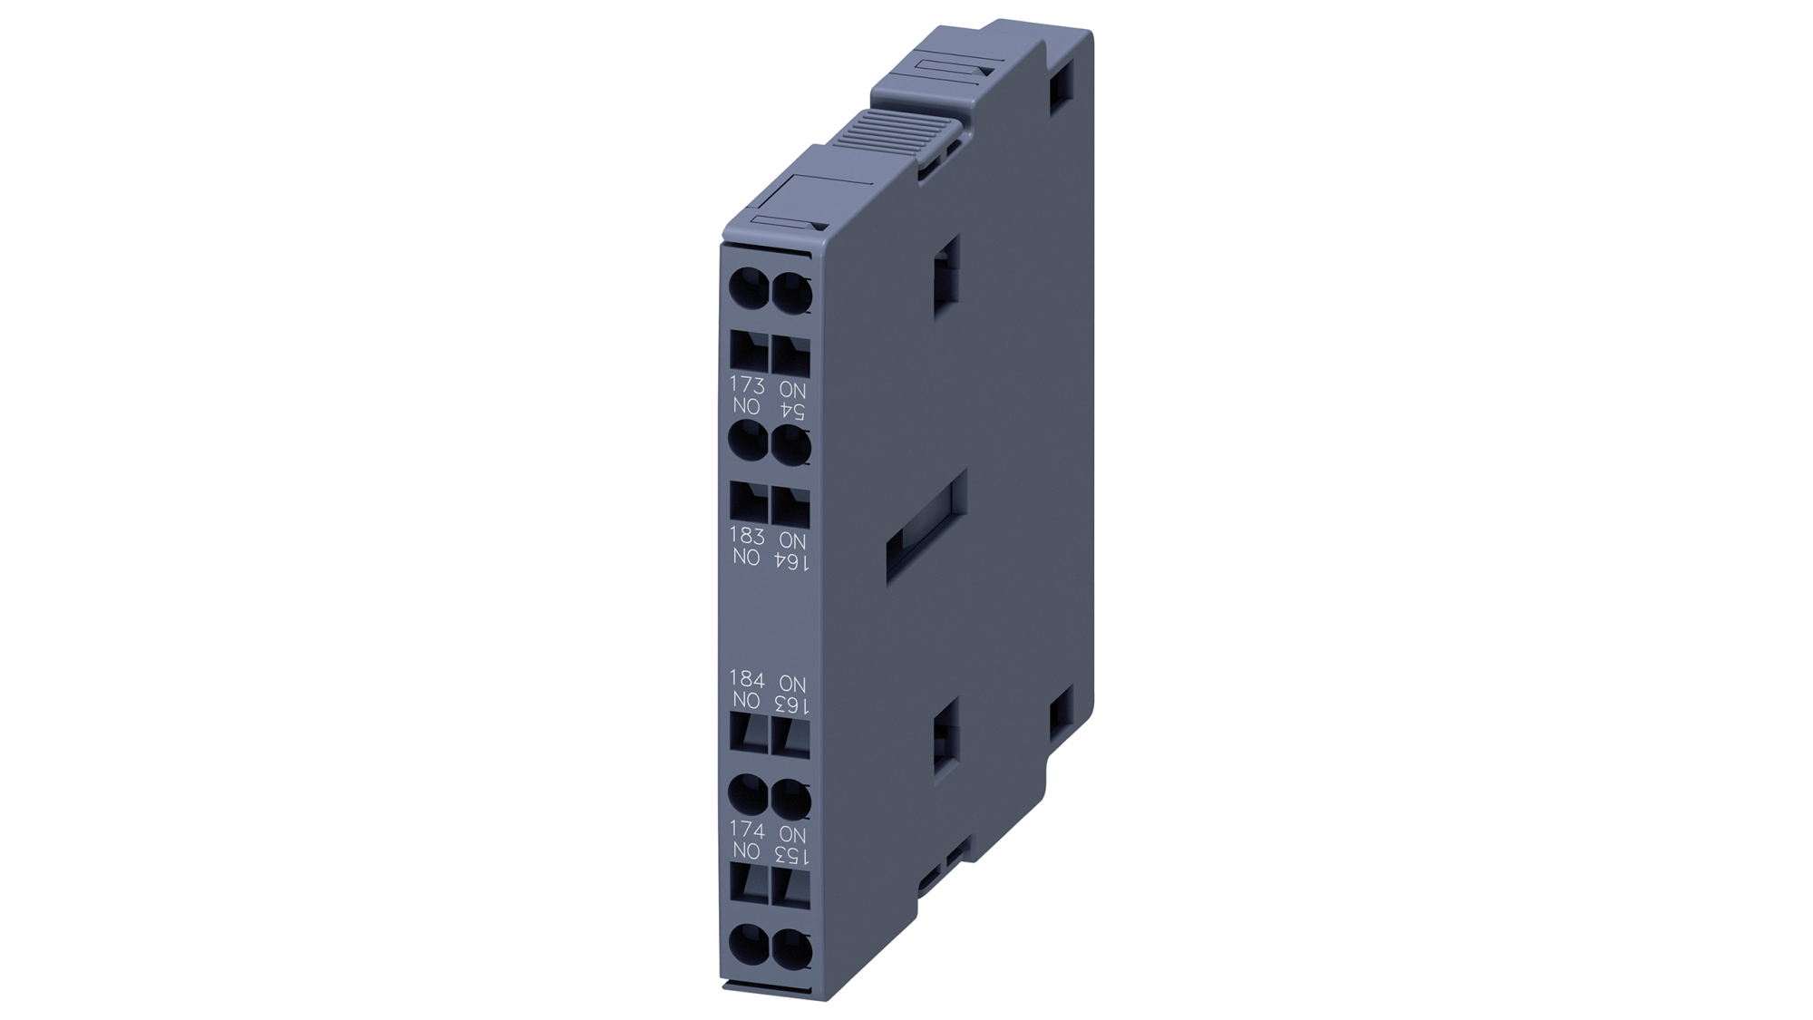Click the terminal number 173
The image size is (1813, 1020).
tap(747, 385)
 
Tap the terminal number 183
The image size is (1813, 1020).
tap(747, 536)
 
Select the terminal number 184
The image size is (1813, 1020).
tap(747, 679)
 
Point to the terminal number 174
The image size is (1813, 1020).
tap(747, 830)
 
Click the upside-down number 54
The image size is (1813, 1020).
tap(792, 411)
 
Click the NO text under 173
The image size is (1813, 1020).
tap(747, 407)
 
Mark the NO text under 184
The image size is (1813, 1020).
tap(747, 701)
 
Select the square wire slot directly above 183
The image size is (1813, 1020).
tap(749, 502)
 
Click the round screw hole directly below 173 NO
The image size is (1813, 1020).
tap(749, 443)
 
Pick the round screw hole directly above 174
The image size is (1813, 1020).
tap(749, 797)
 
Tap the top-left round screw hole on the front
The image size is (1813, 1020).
tap(749, 290)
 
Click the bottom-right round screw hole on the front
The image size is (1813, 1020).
tap(792, 947)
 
